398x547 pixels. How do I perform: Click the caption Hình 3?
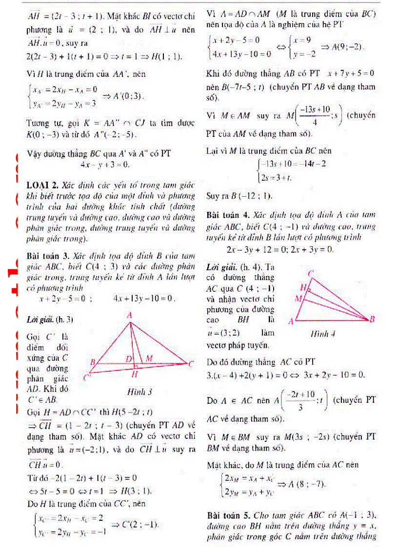[x=139, y=392]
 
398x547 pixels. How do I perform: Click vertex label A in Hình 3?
[x=130, y=316]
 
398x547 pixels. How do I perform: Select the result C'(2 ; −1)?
[x=135, y=524]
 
